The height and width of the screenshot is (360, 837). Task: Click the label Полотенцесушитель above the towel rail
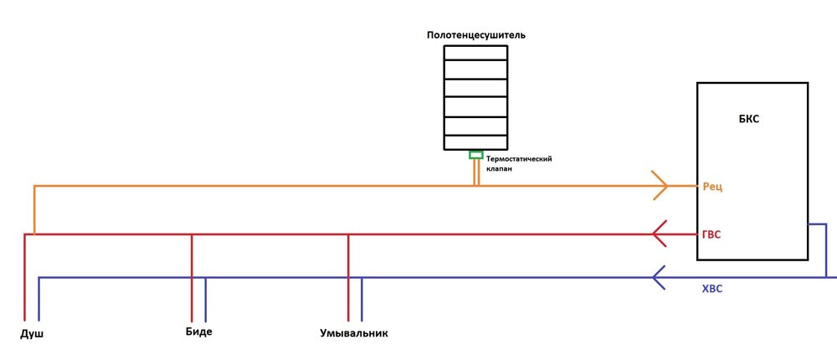(475, 36)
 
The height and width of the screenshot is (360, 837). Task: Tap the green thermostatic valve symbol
(475, 155)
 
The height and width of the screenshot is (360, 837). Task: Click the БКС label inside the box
(749, 120)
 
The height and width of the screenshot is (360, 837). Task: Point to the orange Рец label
(712, 188)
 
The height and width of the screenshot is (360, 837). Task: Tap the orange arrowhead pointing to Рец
(659, 185)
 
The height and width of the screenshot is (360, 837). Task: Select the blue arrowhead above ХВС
(660, 277)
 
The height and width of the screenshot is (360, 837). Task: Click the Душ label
(31, 334)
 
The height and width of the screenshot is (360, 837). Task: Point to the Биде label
(198, 332)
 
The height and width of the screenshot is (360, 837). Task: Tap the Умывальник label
(354, 334)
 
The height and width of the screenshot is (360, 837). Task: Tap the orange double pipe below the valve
(475, 172)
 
